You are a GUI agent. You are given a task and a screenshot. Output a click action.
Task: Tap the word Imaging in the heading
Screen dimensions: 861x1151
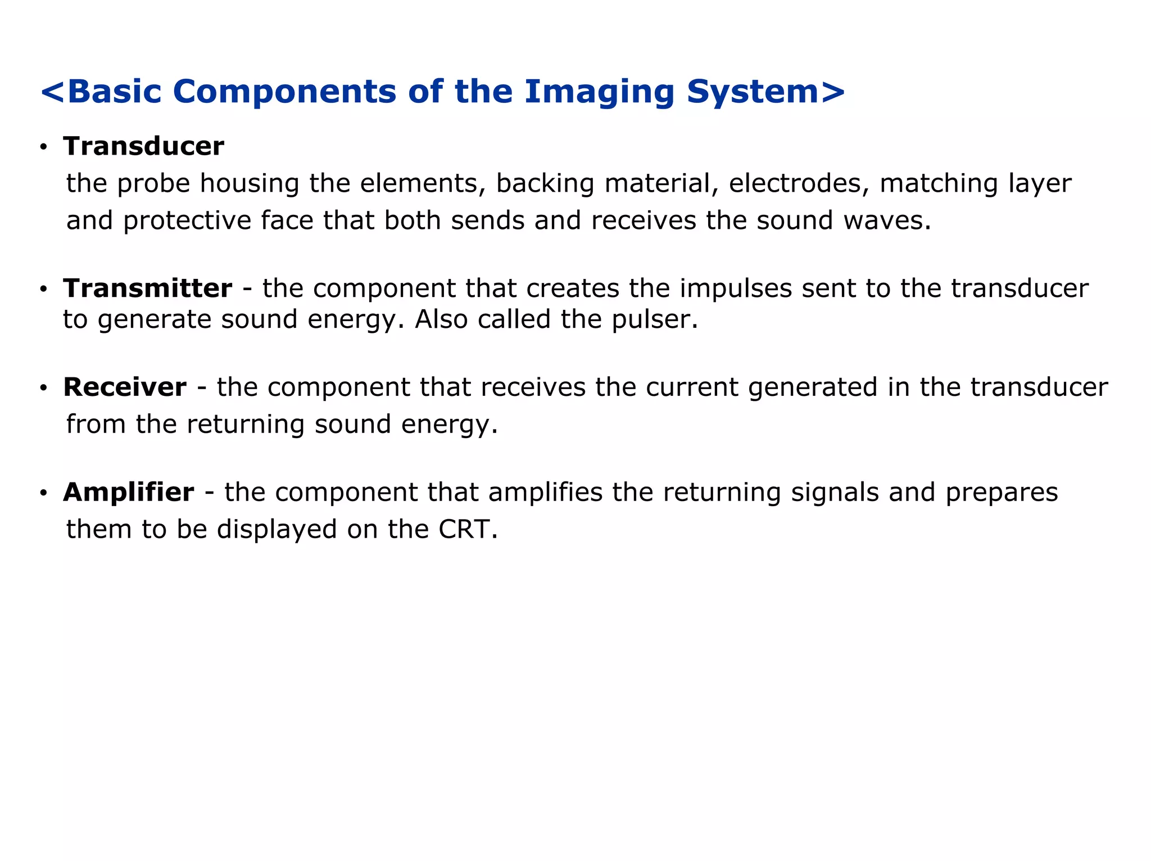coord(599,92)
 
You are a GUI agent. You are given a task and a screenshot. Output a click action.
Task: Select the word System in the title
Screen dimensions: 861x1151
coord(753,92)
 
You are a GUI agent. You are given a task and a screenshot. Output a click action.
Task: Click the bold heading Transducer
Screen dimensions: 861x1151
coord(144,146)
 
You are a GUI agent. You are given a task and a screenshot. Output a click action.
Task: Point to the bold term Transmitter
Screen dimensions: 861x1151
coord(147,288)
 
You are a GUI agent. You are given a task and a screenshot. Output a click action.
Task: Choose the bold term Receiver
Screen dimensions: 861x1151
coord(125,387)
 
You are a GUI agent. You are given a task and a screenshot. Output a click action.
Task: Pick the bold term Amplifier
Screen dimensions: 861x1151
coord(129,492)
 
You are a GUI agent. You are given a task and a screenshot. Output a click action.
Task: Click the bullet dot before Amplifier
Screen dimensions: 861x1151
coord(43,493)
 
